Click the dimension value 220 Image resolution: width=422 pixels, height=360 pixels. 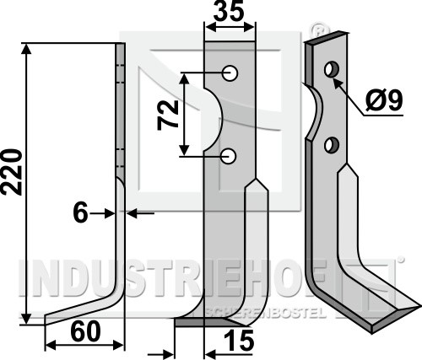click(x=12, y=172)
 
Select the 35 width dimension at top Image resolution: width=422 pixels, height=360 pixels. click(x=228, y=11)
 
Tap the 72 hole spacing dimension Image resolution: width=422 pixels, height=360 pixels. click(x=168, y=115)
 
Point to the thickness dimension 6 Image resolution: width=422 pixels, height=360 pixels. click(x=80, y=213)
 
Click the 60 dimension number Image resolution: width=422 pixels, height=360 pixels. click(x=85, y=332)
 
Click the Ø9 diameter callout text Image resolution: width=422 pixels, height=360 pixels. click(x=384, y=99)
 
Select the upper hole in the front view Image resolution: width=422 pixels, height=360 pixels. click(x=230, y=73)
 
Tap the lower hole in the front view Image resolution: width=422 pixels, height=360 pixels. click(x=229, y=156)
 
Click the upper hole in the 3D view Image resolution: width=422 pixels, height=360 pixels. click(x=332, y=69)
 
